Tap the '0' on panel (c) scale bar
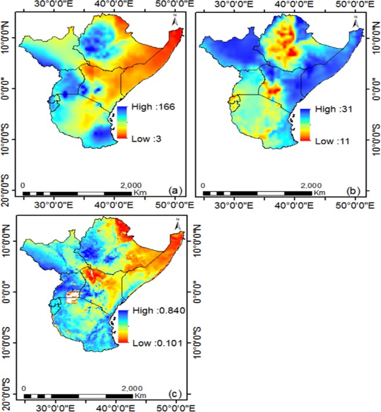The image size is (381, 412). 24,389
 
